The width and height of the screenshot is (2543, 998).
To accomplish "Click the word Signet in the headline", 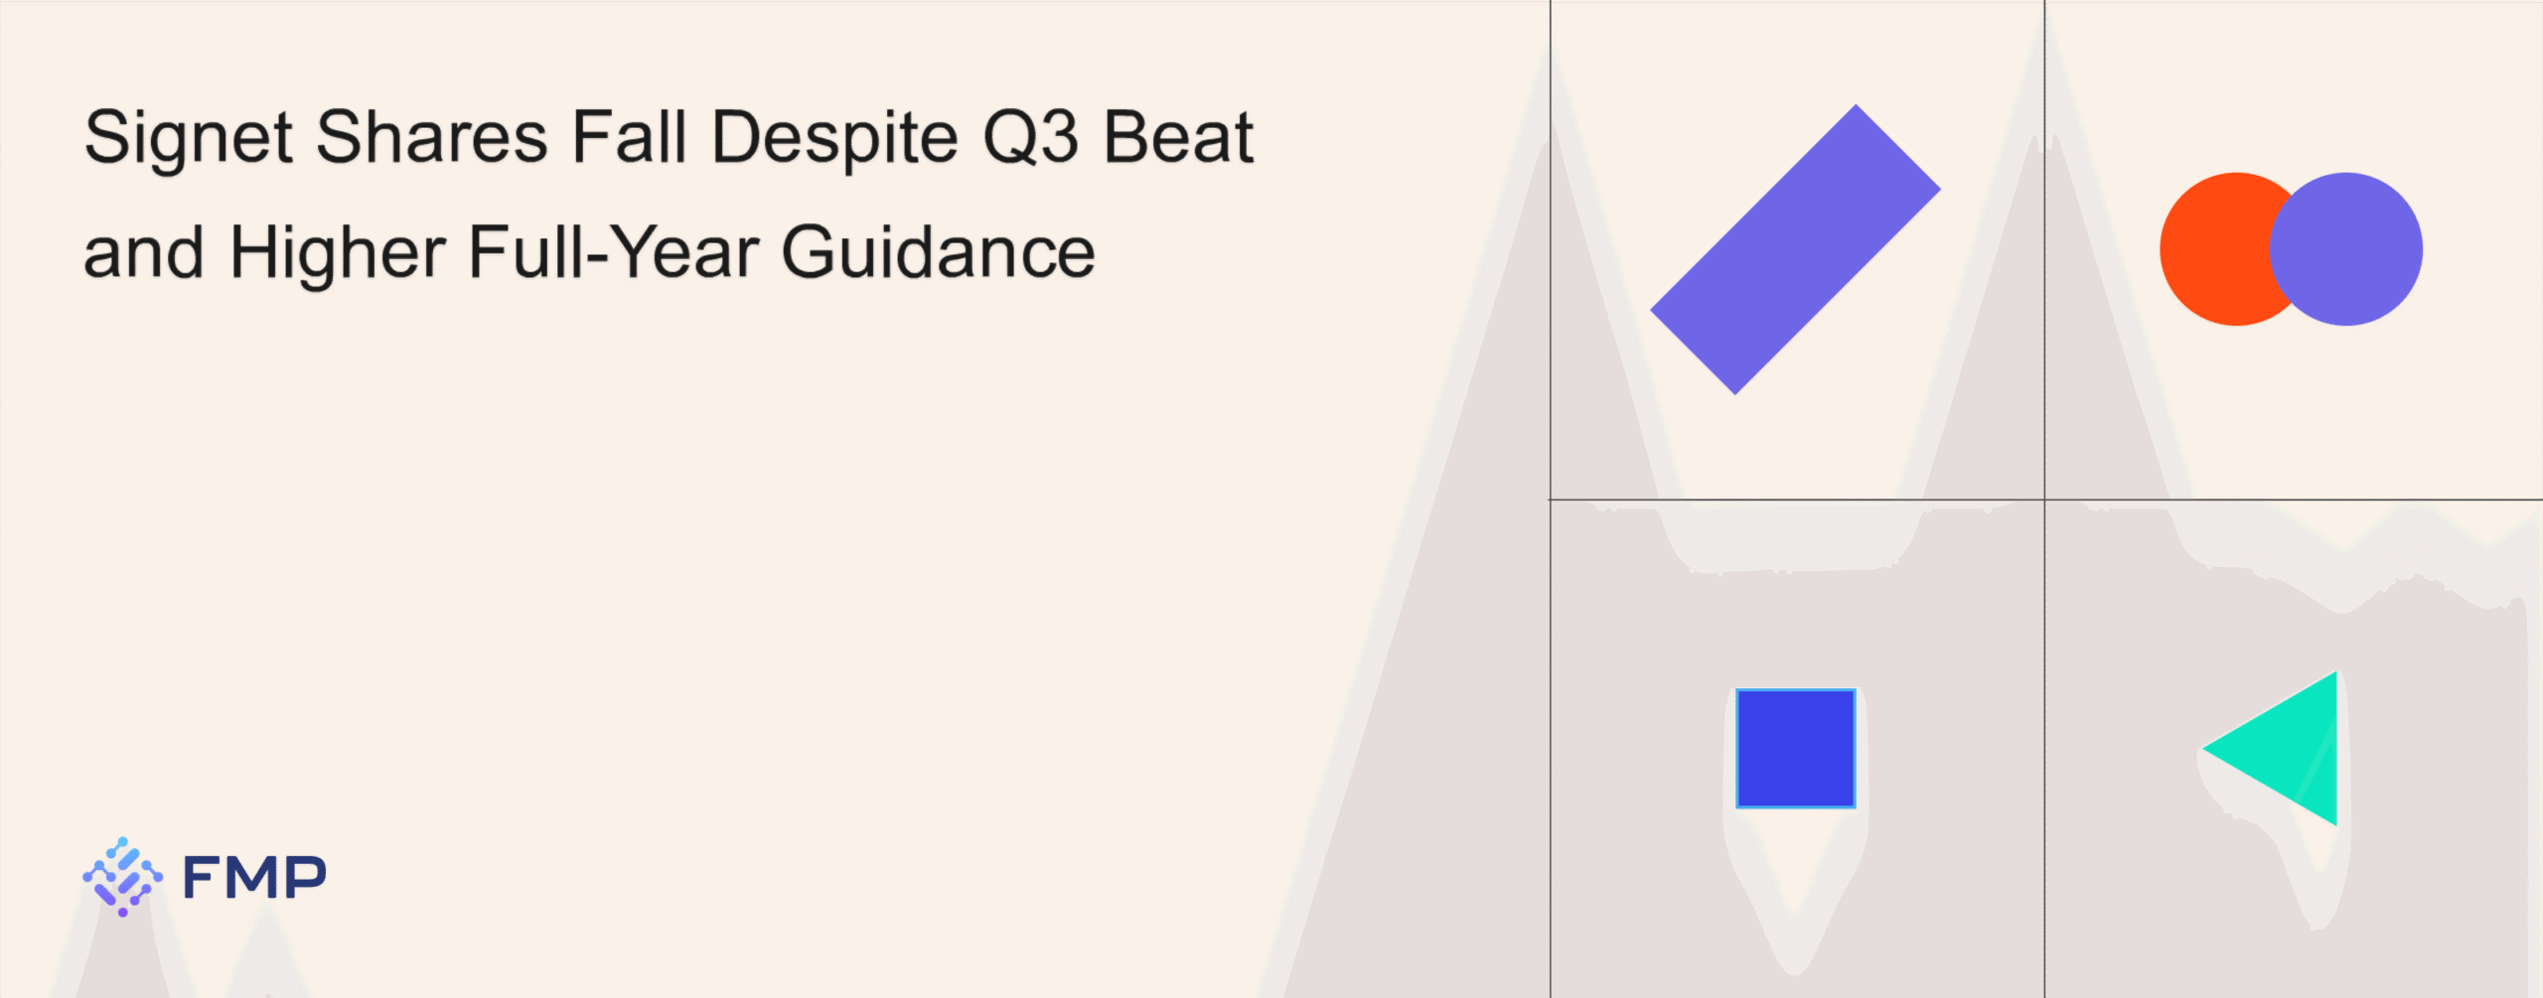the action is [189, 140].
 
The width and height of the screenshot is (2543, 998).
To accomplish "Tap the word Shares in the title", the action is [432, 136].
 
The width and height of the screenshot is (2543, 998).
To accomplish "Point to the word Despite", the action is [835, 140].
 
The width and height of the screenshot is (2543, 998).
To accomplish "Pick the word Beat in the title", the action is [1179, 136].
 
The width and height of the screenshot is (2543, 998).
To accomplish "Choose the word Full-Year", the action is [614, 252].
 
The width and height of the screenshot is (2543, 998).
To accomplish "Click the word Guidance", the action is [939, 252].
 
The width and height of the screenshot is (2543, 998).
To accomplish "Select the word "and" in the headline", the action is [144, 252].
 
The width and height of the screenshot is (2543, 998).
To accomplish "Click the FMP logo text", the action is [254, 877].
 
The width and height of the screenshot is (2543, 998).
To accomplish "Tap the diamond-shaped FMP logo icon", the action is [122, 877].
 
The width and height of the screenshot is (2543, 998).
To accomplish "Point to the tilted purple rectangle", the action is [1795, 249].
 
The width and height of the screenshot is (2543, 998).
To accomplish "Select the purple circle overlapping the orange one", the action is [2346, 249].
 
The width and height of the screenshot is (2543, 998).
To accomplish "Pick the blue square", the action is [1795, 748].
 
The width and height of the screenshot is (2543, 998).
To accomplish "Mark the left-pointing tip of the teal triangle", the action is [2203, 748].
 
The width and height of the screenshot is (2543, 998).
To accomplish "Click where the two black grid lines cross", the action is [2044, 499].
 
